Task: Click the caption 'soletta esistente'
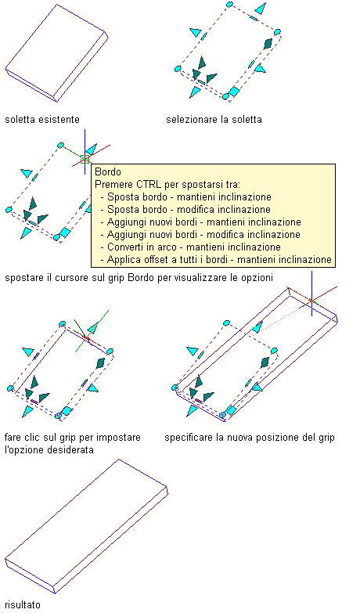42,119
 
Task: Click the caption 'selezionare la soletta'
214,119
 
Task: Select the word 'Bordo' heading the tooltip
108,172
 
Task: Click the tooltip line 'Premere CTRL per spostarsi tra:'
167,185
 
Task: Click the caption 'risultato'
22,605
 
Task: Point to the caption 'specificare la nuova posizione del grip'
250,438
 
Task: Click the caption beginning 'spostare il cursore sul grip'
139,278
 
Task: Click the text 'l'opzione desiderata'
49,449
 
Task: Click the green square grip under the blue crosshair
85,159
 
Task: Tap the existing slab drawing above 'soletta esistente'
56,53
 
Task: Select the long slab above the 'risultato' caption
86,527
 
